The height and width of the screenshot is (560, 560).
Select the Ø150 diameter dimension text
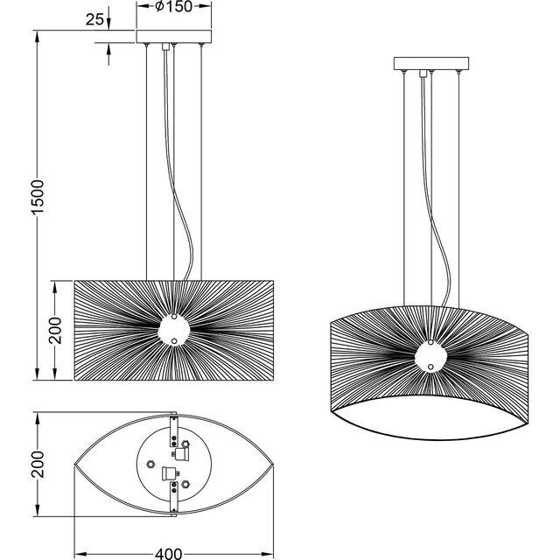coord(175,8)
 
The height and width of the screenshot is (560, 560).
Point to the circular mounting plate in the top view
coord(175,468)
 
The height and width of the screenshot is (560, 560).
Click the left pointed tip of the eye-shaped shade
coord(75,468)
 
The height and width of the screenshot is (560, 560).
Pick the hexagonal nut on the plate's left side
coord(150,463)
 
